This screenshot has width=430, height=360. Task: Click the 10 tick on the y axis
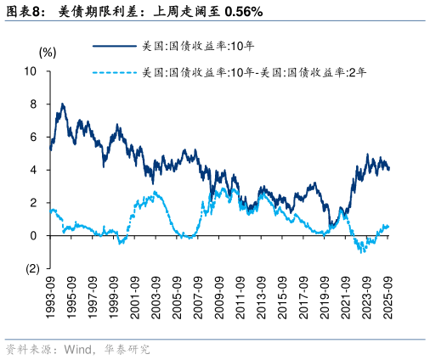(x=31, y=71)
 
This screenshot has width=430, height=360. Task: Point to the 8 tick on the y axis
(x=33, y=104)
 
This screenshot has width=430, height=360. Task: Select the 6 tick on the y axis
(x=33, y=137)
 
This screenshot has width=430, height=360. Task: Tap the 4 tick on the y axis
(x=33, y=170)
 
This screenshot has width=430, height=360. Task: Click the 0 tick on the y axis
(x=33, y=236)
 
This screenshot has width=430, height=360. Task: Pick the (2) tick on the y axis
(x=32, y=269)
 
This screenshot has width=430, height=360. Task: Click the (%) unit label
(x=48, y=52)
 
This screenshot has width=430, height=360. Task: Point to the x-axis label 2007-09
(x=197, y=296)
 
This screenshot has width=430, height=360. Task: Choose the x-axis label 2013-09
(x=260, y=296)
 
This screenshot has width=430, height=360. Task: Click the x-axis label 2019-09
(x=324, y=296)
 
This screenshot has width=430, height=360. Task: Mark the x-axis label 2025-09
(x=388, y=296)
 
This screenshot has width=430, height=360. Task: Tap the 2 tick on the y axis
(x=33, y=203)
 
